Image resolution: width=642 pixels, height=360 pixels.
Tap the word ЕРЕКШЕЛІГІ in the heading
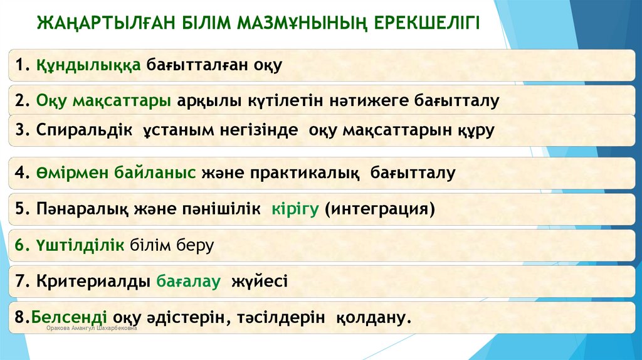[x=427, y=23]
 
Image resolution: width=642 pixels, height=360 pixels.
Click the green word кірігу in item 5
[x=296, y=208]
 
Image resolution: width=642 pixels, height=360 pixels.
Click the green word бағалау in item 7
[x=189, y=282]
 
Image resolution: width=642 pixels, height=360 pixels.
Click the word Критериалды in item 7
[x=93, y=282]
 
